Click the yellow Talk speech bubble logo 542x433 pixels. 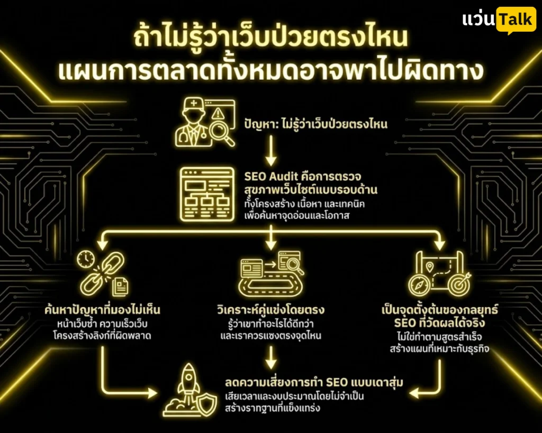click(516, 20)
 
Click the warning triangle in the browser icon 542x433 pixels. click(218, 113)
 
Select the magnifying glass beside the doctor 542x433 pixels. click(222, 133)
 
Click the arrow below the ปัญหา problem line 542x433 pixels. click(271, 150)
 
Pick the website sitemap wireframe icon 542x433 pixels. click(207, 194)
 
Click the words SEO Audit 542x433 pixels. click(270, 177)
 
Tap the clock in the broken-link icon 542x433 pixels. click(86, 259)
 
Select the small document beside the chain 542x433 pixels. click(120, 287)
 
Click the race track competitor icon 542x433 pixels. click(272, 274)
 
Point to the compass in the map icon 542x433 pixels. click(419, 285)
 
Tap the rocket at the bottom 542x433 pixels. click(188, 384)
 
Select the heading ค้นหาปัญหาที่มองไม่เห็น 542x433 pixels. click(102, 310)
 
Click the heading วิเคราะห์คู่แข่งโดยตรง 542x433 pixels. click(270, 309)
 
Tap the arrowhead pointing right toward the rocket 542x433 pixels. click(152, 393)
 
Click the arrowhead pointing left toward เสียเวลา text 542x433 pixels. click(414, 393)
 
